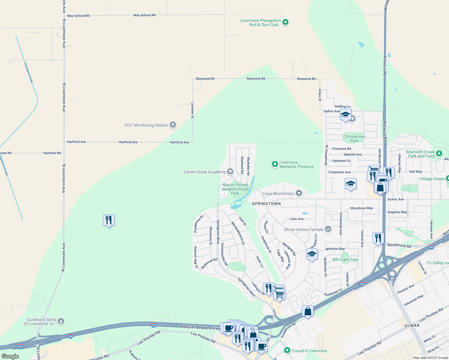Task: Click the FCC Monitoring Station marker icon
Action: [173, 125]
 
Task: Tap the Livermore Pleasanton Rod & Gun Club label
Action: [261, 23]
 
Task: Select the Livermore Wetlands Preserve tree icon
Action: [275, 164]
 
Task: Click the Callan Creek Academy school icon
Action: [230, 172]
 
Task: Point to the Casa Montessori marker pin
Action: [299, 193]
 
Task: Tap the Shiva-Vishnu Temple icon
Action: [328, 229]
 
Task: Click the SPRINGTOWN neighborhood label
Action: [266, 204]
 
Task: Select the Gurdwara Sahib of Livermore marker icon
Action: [61, 321]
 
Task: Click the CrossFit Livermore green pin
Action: [287, 350]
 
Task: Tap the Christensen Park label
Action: [354, 139]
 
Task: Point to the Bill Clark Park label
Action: [345, 259]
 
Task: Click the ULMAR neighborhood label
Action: [412, 325]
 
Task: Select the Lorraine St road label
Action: [193, 110]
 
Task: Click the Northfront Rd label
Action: [399, 245]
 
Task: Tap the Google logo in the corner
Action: [10, 356]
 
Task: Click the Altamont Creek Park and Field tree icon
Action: [439, 154]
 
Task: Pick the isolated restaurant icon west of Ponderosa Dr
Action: [109, 220]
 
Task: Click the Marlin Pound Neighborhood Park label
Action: [235, 189]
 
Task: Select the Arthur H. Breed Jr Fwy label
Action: [200, 327]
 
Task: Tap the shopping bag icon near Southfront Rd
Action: [308, 311]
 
